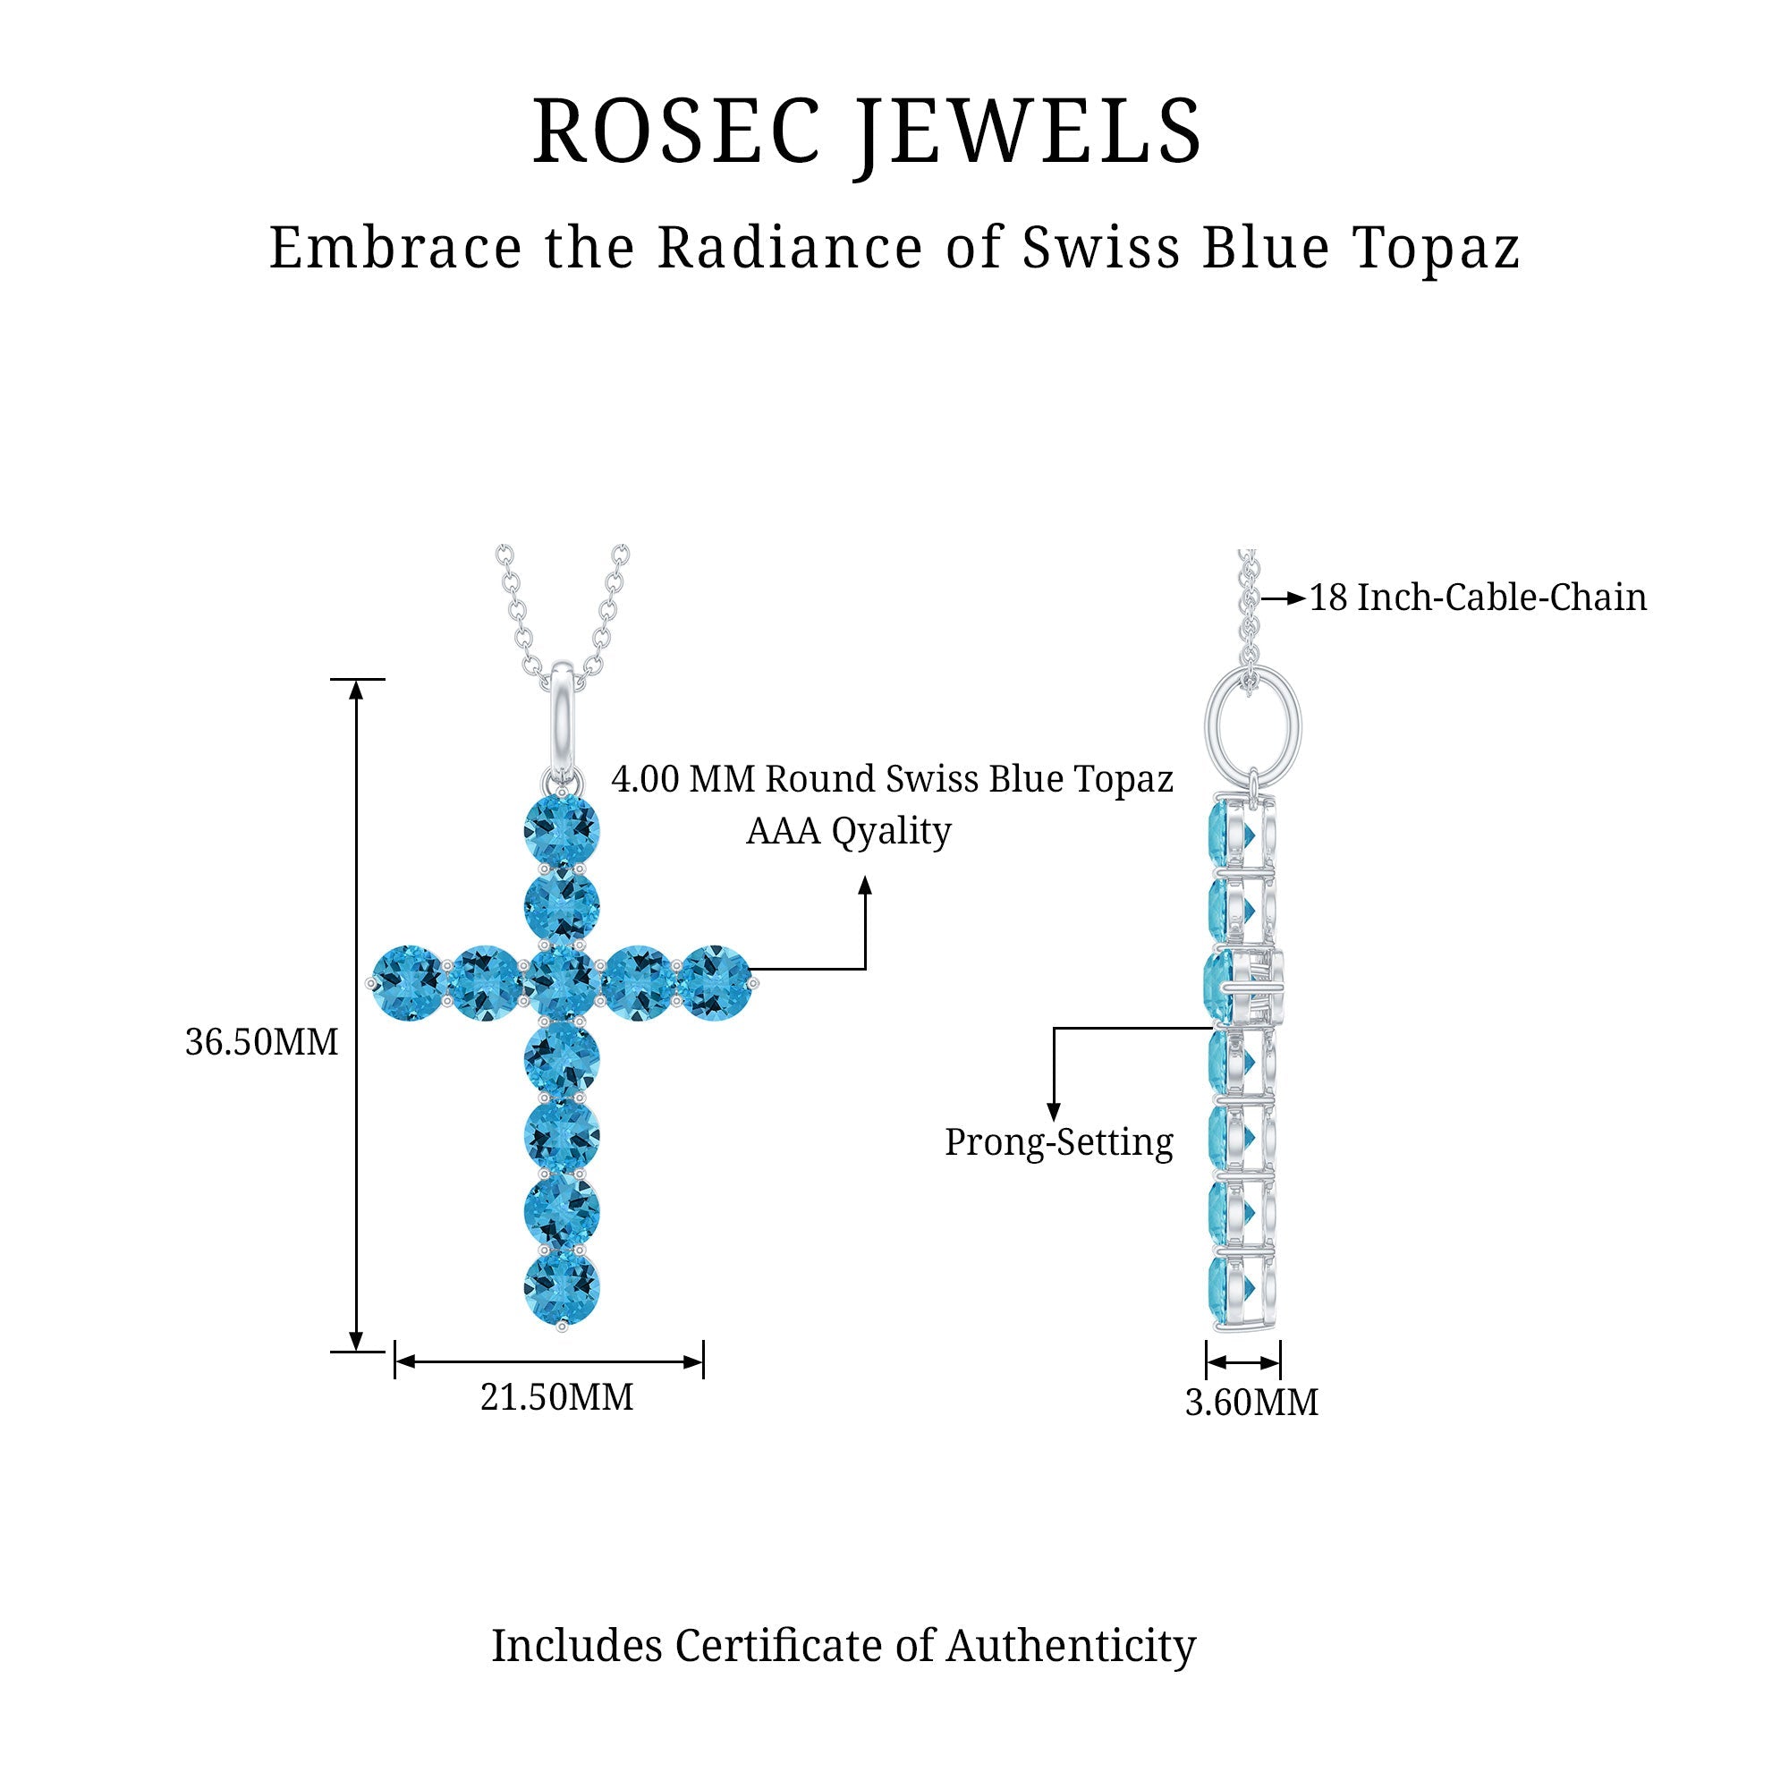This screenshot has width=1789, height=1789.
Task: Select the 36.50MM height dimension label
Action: [262, 1043]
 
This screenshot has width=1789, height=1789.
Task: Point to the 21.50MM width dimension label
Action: [556, 1397]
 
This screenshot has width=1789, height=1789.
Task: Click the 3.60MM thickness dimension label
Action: [1251, 1403]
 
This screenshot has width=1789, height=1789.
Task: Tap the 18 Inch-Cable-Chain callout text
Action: [1478, 598]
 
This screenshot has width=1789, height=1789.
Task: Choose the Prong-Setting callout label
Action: [1058, 1142]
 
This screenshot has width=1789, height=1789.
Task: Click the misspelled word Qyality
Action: [891, 832]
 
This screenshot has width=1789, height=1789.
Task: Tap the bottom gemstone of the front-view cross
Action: [561, 1287]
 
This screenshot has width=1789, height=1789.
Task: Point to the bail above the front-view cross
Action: [562, 713]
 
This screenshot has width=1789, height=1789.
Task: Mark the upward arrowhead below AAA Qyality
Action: [865, 886]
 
